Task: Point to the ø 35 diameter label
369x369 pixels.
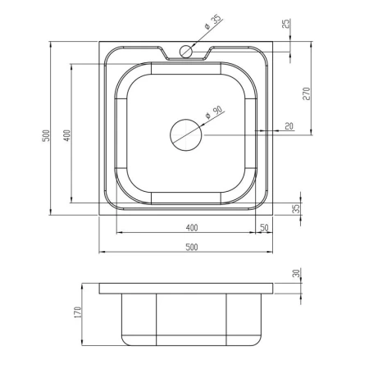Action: (213, 23)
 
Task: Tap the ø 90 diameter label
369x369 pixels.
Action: (214, 112)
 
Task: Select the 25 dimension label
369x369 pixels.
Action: (286, 24)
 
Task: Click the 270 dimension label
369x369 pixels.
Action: (307, 93)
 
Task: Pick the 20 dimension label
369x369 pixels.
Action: (289, 126)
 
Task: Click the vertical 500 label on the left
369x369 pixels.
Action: (47, 135)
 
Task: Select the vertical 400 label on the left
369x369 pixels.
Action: (67, 135)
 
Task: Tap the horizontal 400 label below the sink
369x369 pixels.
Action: (192, 228)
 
